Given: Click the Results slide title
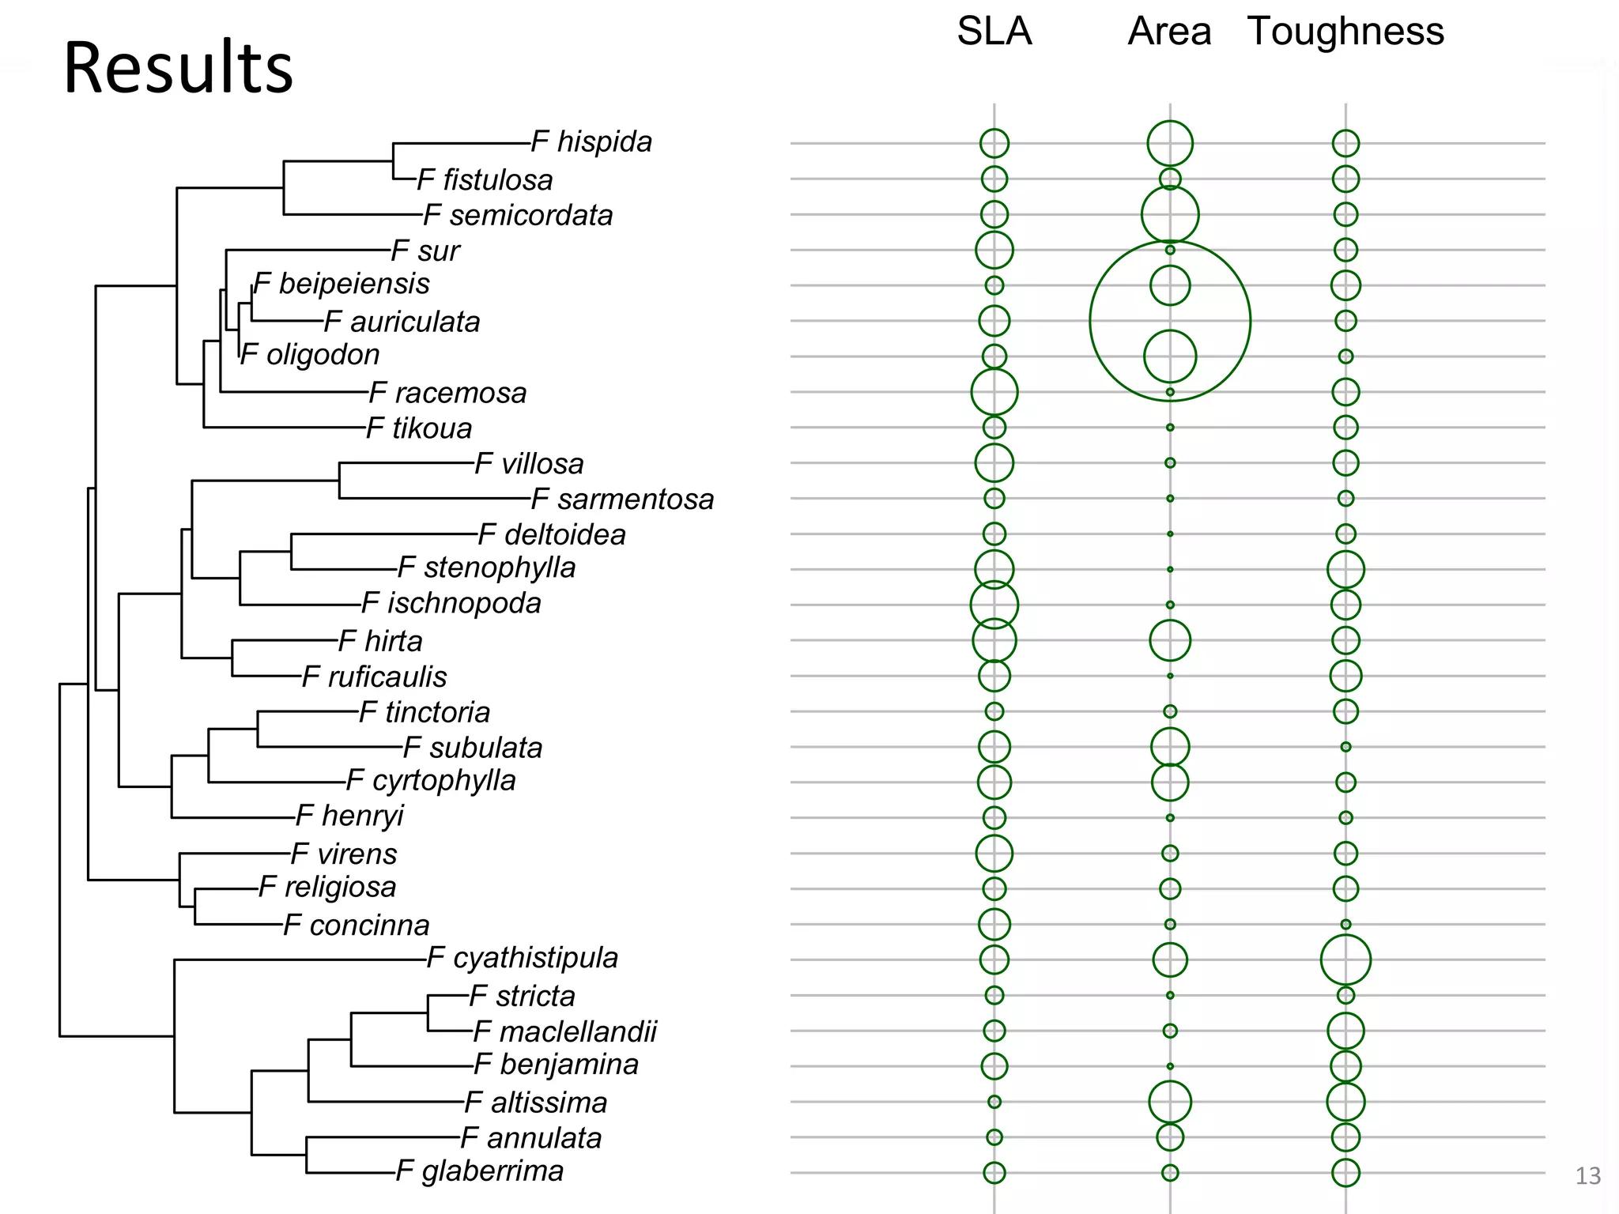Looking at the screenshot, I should coord(178,68).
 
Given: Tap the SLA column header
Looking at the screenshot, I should coord(994,32).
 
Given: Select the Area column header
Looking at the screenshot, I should coord(1169,32).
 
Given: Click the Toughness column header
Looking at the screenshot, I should coord(1345,32).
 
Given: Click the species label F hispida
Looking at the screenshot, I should coord(591,142).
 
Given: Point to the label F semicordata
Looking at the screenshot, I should coord(518,215).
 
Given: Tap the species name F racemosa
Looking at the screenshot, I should coord(447,393).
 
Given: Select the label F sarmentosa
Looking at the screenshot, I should coord(622,500).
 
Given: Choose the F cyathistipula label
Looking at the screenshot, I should coord(522,958).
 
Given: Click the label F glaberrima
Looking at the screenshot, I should coord(480,1171).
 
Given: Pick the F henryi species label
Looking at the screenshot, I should coord(349,816).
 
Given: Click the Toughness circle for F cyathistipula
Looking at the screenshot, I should coord(1345,960).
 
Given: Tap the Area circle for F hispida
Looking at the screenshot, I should coord(1170,143).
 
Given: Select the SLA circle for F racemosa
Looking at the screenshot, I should coord(994,391).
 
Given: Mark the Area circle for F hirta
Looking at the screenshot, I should coord(1170,640).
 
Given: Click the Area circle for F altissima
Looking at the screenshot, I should coord(1170,1102).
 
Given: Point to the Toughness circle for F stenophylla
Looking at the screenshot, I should coord(1345,569).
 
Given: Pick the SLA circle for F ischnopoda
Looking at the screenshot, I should coord(994,605).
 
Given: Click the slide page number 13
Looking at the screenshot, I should coord(1587,1176).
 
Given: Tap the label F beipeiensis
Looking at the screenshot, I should coord(342,284).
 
